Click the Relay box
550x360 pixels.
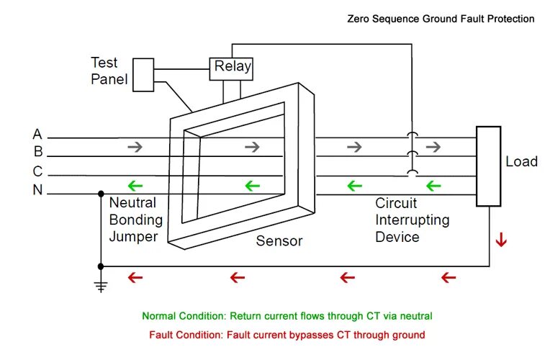231,69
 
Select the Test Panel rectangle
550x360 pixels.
143,75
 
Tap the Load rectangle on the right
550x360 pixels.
488,166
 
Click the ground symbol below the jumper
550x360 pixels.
101,285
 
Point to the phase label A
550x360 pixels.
37,135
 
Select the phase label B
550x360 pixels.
38,152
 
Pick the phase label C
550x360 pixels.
37,171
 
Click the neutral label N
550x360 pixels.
37,190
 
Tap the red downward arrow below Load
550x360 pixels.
501,239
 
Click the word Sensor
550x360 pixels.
279,241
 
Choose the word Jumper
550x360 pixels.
133,237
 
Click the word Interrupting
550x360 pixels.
412,220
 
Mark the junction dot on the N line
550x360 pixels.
101,194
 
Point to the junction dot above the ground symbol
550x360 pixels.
101,266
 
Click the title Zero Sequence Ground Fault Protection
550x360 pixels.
441,19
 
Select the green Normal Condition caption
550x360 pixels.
287,316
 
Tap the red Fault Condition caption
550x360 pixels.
287,335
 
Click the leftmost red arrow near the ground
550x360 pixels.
135,278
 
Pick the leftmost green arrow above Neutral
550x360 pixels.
135,186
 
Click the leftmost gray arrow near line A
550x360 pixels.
135,147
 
